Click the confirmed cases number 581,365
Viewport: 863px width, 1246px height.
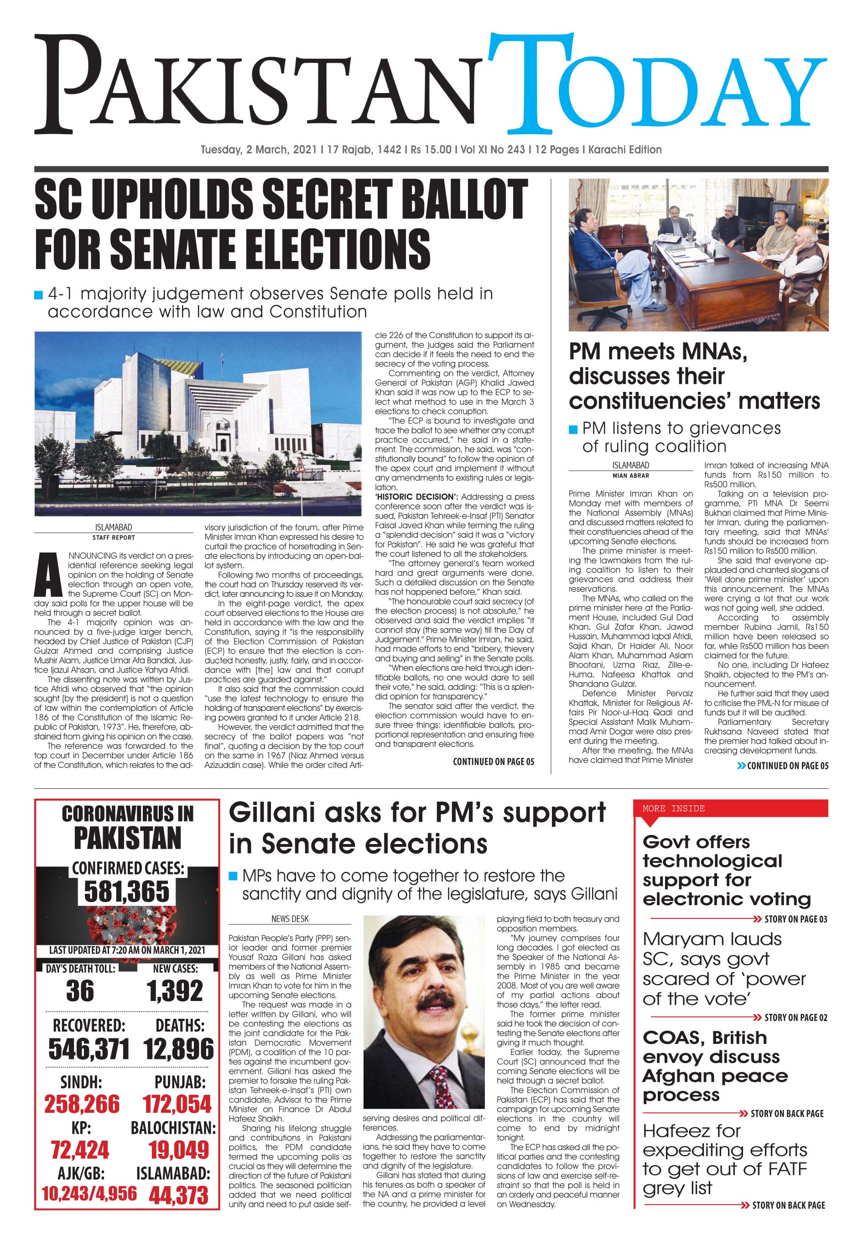126,891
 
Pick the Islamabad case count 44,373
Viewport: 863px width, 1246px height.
178,1196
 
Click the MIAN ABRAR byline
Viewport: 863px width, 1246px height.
630,475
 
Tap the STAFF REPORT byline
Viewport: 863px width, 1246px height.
114,537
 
